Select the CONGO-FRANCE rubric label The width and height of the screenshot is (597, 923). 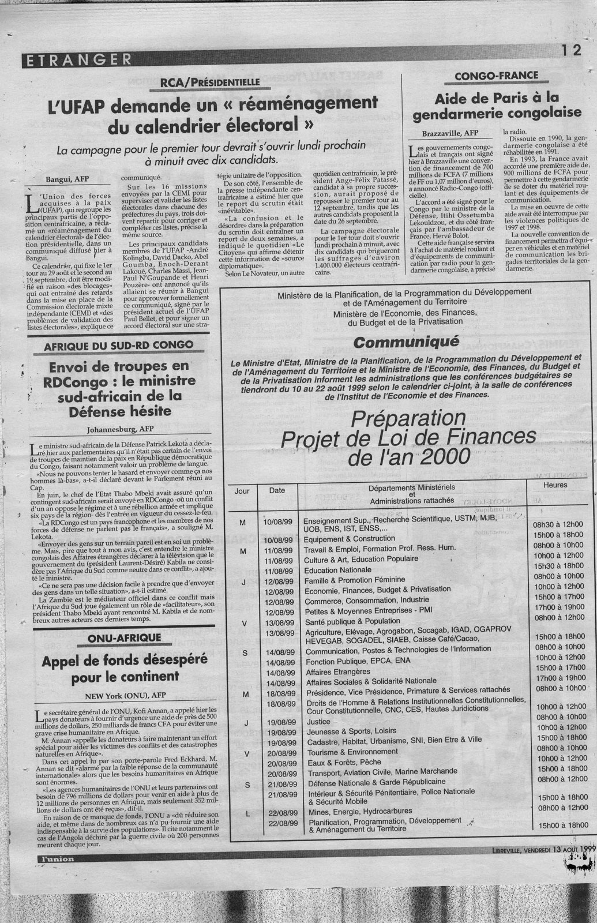click(x=497, y=75)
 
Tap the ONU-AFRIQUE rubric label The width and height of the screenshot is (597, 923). click(x=117, y=638)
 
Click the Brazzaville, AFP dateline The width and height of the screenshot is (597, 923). click(x=450, y=134)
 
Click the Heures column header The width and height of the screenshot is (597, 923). click(x=555, y=485)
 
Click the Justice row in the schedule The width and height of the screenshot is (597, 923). click(x=319, y=721)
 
